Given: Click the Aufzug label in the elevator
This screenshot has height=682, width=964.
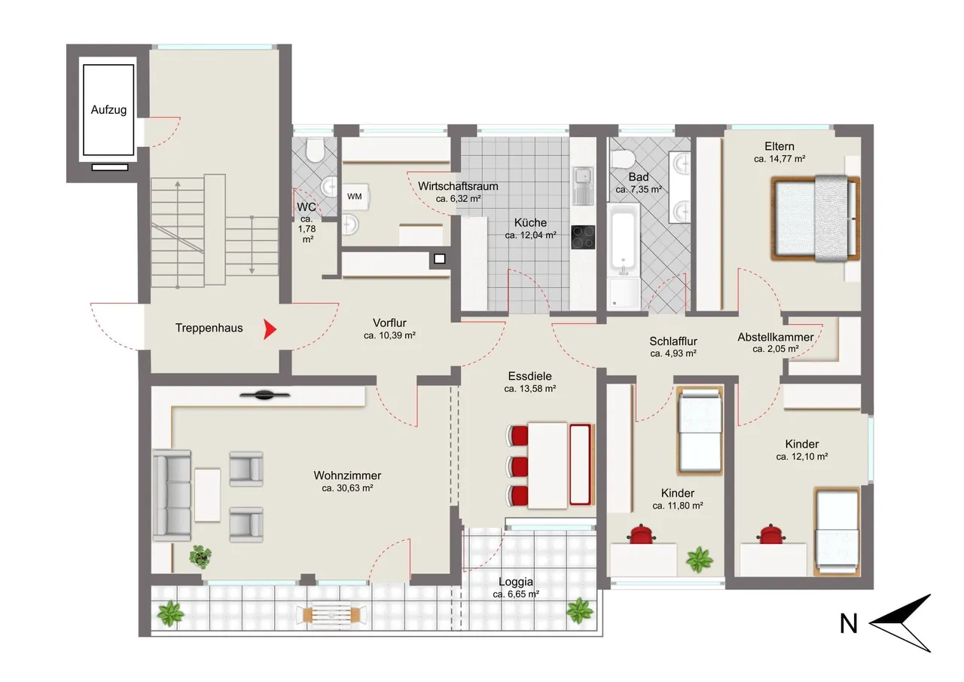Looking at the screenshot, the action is (108, 110).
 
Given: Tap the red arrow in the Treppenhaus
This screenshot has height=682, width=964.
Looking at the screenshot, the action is (270, 329).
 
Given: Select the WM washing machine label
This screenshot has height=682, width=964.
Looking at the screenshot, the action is (354, 197).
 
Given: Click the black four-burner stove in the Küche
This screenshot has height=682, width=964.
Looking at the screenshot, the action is (583, 237).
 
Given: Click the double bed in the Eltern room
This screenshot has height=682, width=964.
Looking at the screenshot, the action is (815, 219).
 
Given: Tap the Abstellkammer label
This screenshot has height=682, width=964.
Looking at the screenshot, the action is (776, 337).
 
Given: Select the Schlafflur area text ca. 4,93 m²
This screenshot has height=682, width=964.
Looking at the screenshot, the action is (673, 353).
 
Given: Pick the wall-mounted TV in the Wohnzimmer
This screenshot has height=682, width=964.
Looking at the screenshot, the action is (264, 395).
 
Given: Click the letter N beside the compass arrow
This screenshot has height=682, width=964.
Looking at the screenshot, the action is (849, 623).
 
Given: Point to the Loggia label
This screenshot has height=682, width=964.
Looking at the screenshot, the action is (516, 582).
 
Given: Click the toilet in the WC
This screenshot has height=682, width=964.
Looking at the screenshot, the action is (315, 150).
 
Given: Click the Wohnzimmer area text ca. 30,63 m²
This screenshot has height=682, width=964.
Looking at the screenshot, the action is (347, 488).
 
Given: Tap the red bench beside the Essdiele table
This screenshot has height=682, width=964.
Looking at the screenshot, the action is (580, 464).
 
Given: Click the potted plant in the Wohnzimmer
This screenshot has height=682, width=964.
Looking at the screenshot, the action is (200, 556).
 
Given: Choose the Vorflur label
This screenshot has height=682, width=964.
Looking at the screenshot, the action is (389, 323).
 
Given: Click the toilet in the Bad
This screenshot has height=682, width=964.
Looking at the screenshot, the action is (622, 159).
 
